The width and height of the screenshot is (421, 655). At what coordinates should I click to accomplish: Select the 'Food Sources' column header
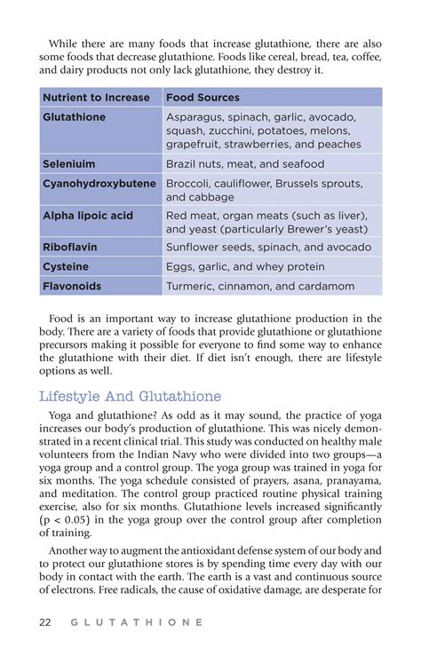pyautogui.click(x=203, y=97)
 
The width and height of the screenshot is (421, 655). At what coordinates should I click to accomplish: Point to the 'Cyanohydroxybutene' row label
pyautogui.click(x=99, y=184)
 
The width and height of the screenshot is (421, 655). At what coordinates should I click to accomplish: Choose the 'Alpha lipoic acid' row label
pyautogui.click(x=88, y=216)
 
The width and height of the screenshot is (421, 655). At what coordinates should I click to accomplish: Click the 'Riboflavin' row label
pyautogui.click(x=70, y=246)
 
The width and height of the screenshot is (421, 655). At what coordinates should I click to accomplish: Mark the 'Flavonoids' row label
pyautogui.click(x=72, y=287)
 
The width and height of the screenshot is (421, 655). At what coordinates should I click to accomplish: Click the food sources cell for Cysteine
pyautogui.click(x=245, y=266)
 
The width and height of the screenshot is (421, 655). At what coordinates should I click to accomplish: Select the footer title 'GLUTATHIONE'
pyautogui.click(x=136, y=622)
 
